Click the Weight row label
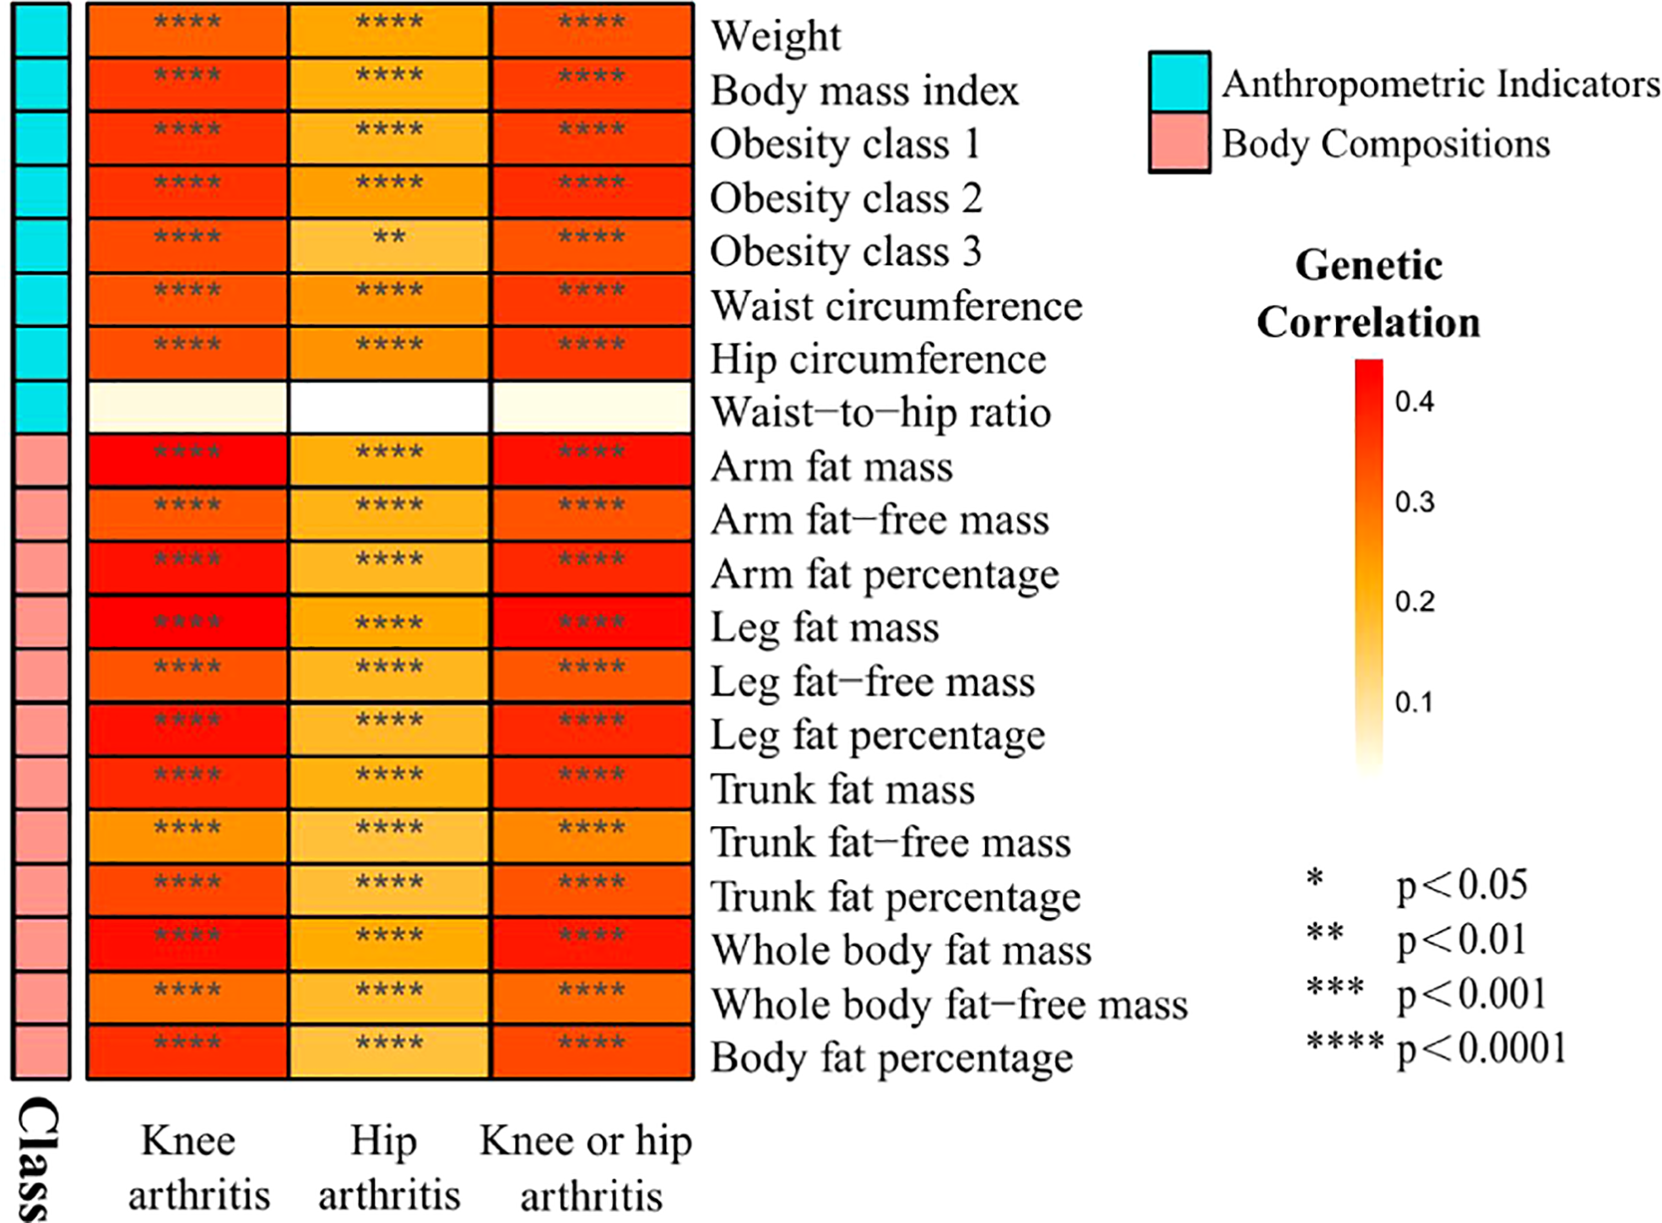(775, 36)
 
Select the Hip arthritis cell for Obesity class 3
(389, 246)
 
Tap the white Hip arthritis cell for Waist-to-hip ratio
(389, 407)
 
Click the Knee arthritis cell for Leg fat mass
(187, 622)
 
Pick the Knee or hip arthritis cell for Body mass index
(592, 84)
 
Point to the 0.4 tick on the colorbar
(1414, 401)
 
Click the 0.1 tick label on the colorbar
(1414, 702)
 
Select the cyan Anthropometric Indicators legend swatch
(1179, 82)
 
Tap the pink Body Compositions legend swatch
(1179, 143)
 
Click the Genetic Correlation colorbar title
(1368, 294)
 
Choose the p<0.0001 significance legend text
(1481, 1048)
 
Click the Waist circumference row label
(896, 306)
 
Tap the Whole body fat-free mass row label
(949, 1004)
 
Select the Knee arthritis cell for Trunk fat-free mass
(187, 837)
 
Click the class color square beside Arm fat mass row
(41, 461)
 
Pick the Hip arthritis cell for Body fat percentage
(389, 1052)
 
